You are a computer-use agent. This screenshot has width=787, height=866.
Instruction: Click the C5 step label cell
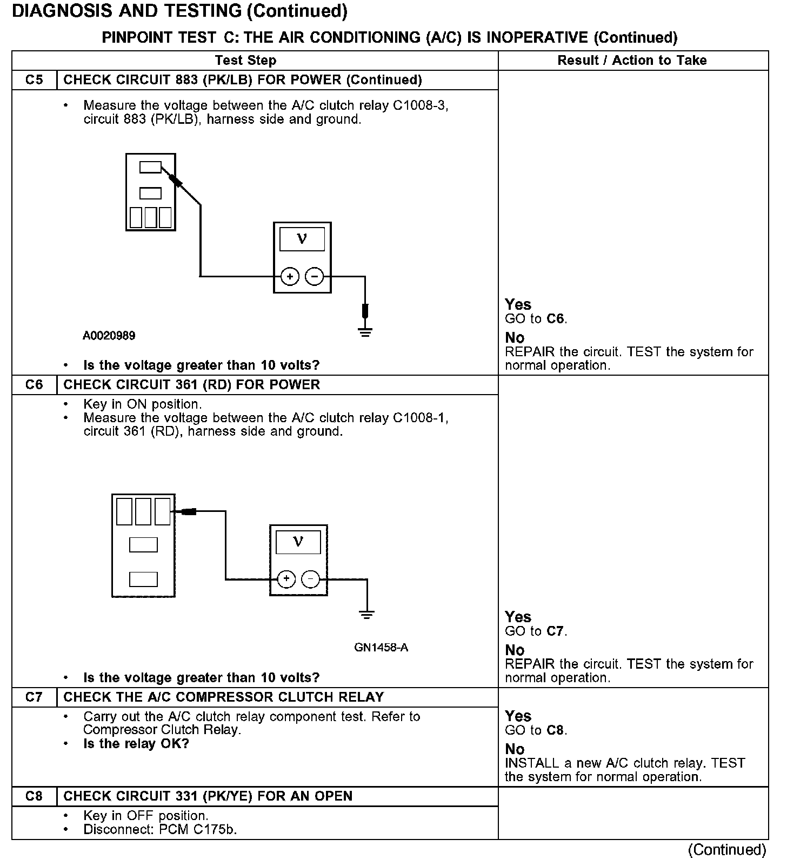tap(34, 80)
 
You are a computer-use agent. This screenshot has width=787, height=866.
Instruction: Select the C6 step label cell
tap(34, 385)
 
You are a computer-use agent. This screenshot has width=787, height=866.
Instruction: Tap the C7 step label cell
tap(34, 697)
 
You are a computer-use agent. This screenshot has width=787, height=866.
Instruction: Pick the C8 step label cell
tap(34, 796)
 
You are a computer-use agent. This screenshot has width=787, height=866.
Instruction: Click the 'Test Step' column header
tap(245, 61)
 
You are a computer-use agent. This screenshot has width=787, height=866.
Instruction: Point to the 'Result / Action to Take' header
tap(632, 61)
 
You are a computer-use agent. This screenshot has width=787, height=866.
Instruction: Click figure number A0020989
tap(109, 336)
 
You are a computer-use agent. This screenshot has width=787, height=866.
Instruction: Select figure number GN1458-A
tap(381, 648)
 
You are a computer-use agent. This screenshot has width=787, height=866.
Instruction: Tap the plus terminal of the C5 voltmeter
tap(290, 277)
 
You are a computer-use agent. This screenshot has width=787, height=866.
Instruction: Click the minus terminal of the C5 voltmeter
tap(315, 277)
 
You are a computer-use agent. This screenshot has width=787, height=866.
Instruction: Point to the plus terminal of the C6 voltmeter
tap(286, 579)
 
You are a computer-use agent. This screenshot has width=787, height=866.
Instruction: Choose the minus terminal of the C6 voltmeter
tap(310, 579)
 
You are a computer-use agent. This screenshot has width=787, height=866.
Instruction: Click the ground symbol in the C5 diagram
tap(365, 331)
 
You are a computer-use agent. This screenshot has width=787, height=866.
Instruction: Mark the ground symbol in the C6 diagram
tap(367, 614)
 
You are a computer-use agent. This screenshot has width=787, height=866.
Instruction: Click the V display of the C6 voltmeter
tap(298, 542)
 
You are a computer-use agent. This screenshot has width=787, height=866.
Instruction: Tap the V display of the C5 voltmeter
tap(302, 239)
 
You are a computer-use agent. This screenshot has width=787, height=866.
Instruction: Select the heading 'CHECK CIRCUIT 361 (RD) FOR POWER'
tap(192, 385)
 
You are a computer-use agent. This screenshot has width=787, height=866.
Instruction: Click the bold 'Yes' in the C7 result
tap(518, 716)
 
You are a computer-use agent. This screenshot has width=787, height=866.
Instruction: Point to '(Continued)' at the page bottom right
tap(727, 850)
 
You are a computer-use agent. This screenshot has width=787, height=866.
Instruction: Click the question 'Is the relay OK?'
tap(136, 744)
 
